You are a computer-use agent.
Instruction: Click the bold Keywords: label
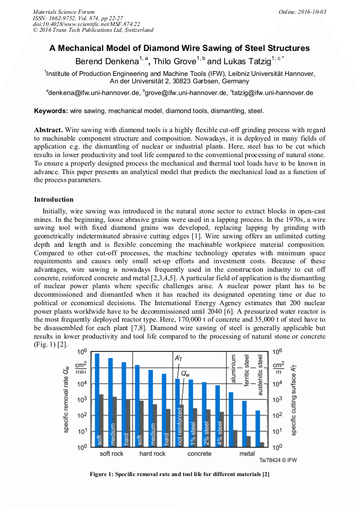pyautogui.click(x=51, y=111)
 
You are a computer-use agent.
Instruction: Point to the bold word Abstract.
pyautogui.click(x=48, y=130)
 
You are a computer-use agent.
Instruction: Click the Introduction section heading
pyautogui.click(x=54, y=200)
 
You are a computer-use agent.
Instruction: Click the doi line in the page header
pyautogui.click(x=87, y=24)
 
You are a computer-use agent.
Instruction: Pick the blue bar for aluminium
pyautogui.click(x=231, y=419)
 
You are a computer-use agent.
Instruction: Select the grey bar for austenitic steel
pyautogui.click(x=262, y=444)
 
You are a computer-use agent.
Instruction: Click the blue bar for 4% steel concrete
pyautogui.click(x=217, y=416)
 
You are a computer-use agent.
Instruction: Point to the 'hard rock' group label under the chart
pyautogui.click(x=152, y=454)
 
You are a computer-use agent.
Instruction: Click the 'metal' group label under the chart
pyautogui.click(x=246, y=454)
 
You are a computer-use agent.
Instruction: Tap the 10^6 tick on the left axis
pyautogui.click(x=82, y=352)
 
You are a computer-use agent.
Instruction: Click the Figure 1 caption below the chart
pyautogui.click(x=179, y=474)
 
